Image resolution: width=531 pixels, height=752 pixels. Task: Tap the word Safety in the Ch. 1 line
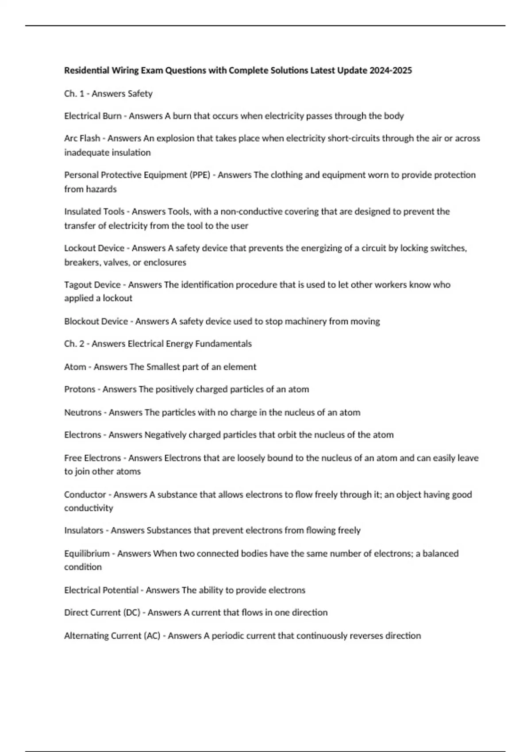[140, 94]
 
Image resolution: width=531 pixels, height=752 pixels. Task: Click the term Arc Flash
[82, 138]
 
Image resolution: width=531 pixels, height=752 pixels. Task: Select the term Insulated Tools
[94, 211]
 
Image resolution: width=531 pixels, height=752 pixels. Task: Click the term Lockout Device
[94, 248]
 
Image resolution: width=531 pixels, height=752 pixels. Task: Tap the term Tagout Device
[92, 284]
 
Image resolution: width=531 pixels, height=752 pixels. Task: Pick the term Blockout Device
[96, 321]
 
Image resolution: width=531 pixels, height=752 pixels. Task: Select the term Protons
[80, 389]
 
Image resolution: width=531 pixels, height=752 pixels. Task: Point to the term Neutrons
[83, 412]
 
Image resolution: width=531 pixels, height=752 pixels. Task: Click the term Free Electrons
[92, 458]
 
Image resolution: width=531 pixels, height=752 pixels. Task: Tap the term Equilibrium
[87, 553]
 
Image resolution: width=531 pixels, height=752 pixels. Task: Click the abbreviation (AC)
[152, 636]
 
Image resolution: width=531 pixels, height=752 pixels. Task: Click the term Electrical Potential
[101, 590]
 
